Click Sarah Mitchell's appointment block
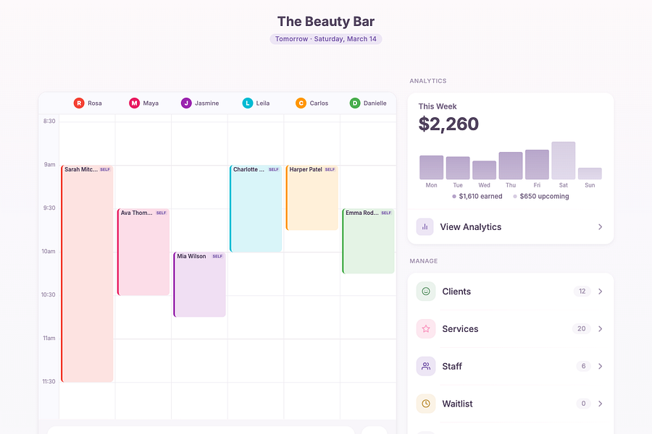88,273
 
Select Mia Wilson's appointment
200,284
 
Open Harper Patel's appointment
312,197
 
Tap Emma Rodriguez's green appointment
368,242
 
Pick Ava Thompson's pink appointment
143,252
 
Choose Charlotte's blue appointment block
256,208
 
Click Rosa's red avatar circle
79,103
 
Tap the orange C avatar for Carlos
301,103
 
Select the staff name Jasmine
206,103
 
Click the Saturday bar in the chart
564,161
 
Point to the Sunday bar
590,174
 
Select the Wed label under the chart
484,185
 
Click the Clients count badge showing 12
582,291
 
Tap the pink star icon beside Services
426,329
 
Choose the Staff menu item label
452,366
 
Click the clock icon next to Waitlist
426,404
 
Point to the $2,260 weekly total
448,124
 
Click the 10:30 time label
49,295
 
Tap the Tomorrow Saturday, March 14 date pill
326,39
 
